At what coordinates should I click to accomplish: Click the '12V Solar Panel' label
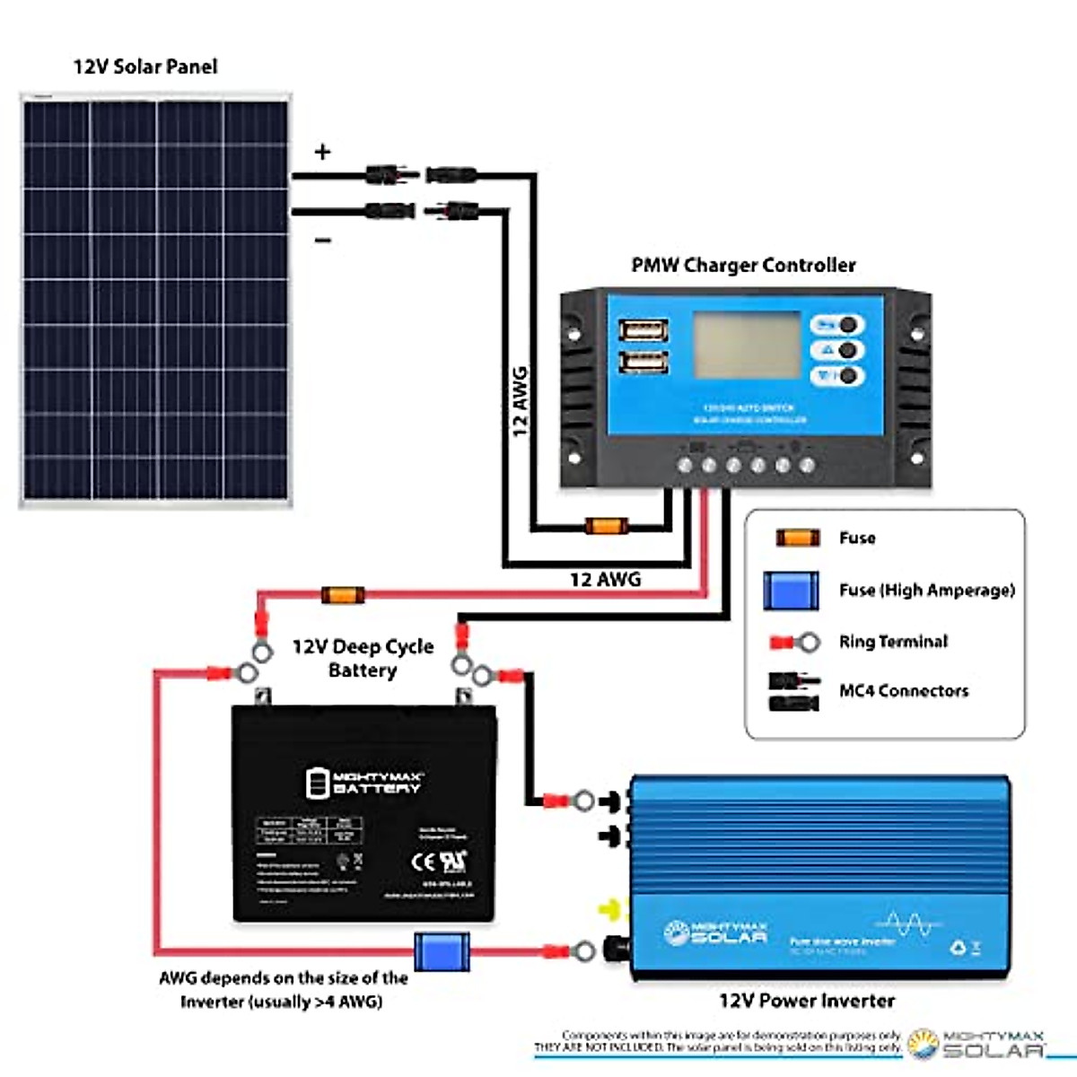click(145, 66)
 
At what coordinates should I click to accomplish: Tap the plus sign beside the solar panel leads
click(322, 152)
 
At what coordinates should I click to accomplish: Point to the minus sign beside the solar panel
click(323, 241)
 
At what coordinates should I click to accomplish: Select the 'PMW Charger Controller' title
click(743, 266)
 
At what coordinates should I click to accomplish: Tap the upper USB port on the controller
click(644, 330)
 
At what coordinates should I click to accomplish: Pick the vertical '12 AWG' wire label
click(520, 401)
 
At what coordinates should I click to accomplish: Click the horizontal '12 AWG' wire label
click(605, 580)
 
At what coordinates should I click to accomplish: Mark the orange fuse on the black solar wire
click(606, 526)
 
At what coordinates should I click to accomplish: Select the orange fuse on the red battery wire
click(343, 594)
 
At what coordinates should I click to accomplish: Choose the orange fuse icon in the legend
click(797, 538)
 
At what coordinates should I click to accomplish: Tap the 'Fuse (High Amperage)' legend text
click(926, 591)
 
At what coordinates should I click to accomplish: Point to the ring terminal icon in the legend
click(795, 642)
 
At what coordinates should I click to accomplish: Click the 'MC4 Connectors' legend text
click(903, 691)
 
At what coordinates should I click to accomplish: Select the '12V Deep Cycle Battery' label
click(363, 658)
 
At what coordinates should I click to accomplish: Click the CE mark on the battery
click(423, 862)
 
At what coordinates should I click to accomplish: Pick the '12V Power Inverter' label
click(806, 1001)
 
